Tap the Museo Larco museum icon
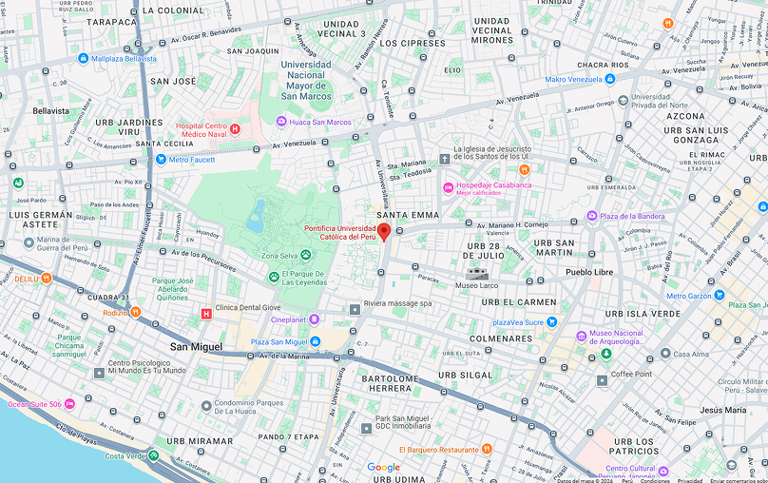pyautogui.click(x=474, y=274)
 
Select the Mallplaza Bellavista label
pyautogui.click(x=124, y=58)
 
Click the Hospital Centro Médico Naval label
pyautogui.click(x=202, y=129)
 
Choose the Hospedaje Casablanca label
pyautogui.click(x=493, y=185)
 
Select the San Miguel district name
pyautogui.click(x=197, y=347)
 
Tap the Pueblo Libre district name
pyautogui.click(x=591, y=272)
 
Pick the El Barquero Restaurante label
pyautogui.click(x=438, y=450)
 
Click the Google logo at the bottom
pyautogui.click(x=383, y=468)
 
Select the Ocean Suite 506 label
pyautogui.click(x=34, y=404)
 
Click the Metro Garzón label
pyautogui.click(x=688, y=296)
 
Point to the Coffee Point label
pyautogui.click(x=631, y=374)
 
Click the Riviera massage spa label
pyautogui.click(x=397, y=304)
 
